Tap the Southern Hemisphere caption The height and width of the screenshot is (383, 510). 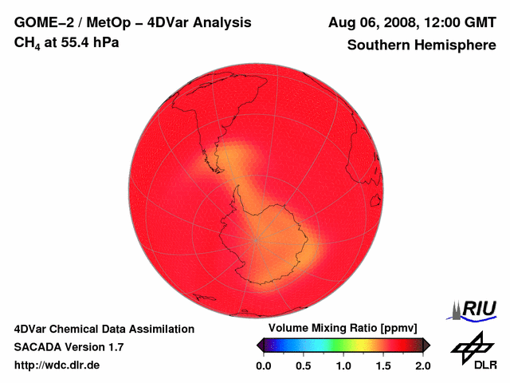coord(421,45)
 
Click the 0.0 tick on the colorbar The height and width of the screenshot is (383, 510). coord(263,365)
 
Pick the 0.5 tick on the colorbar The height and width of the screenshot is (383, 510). coord(303,365)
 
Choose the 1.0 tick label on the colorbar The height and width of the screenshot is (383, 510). coord(343,365)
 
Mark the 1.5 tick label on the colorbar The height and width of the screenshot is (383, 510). coord(382,365)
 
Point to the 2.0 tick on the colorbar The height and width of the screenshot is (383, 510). coord(422,365)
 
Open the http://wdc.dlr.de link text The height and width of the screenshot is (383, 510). coord(57,365)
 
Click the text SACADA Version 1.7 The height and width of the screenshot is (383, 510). coord(69,347)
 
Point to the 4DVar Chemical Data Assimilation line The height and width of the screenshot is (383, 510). coord(104,329)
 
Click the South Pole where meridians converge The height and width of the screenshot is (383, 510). coord(257,239)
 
